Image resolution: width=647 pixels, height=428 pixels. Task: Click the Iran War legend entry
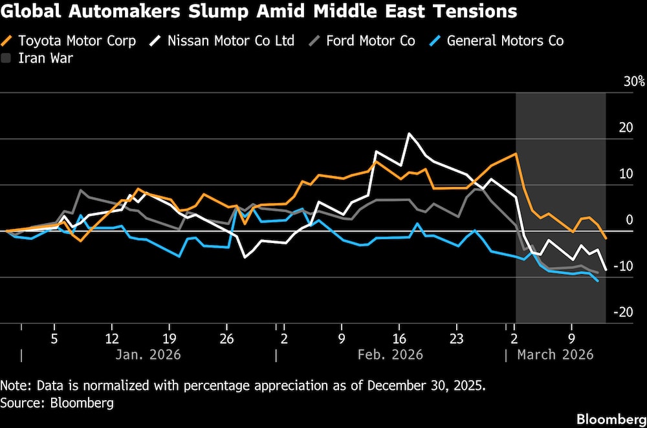click(45, 58)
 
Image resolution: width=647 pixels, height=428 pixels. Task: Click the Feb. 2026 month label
click(389, 354)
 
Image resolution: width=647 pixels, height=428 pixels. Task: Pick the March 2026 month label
click(554, 354)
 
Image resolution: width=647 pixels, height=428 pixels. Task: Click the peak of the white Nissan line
click(408, 134)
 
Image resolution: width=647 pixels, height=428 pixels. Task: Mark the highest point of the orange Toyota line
click(516, 153)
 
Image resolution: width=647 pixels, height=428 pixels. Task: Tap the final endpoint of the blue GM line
click(597, 281)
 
